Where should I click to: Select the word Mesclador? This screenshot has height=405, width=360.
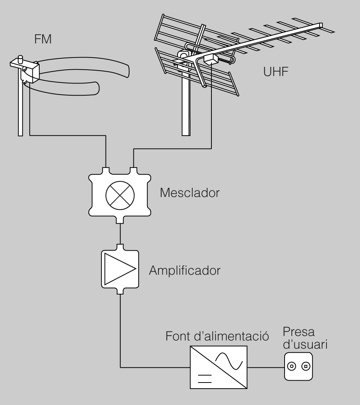189,192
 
